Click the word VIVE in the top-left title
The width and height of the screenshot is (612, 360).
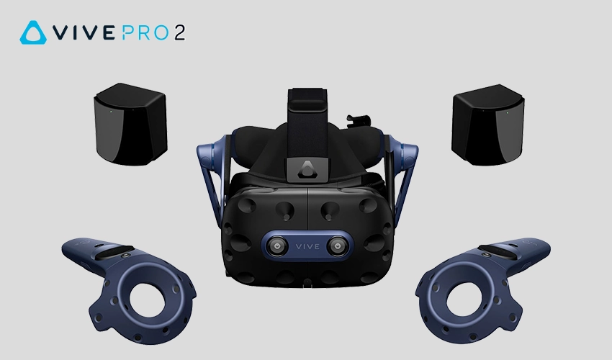click(84, 33)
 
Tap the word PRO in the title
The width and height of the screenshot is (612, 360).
click(145, 33)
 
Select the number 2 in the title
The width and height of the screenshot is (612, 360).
click(179, 33)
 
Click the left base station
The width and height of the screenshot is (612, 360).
click(130, 123)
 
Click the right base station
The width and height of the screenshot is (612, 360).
click(488, 125)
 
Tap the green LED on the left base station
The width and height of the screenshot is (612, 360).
click(111, 112)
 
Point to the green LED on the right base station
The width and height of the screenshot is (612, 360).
click(507, 113)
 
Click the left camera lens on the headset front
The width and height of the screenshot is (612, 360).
click(277, 246)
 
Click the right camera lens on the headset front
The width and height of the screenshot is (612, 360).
click(337, 246)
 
